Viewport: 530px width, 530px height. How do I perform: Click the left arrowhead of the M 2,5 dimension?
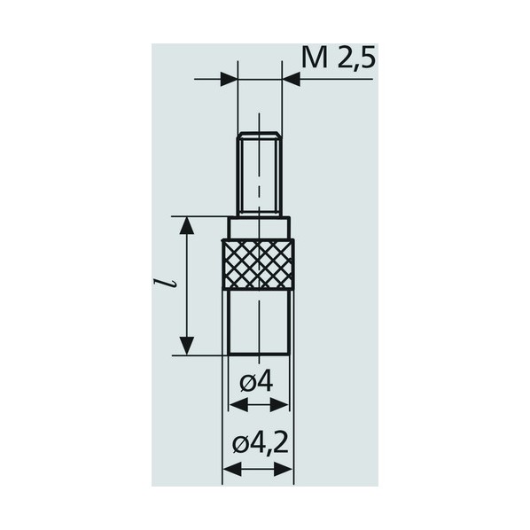[229, 79]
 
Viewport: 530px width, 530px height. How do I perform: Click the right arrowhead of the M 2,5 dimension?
[291, 79]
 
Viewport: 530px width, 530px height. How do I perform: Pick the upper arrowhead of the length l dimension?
[187, 225]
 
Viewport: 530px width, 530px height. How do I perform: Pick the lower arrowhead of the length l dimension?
[187, 346]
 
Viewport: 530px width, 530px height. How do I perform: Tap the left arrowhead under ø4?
[238, 405]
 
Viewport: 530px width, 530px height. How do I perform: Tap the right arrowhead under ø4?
[279, 405]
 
